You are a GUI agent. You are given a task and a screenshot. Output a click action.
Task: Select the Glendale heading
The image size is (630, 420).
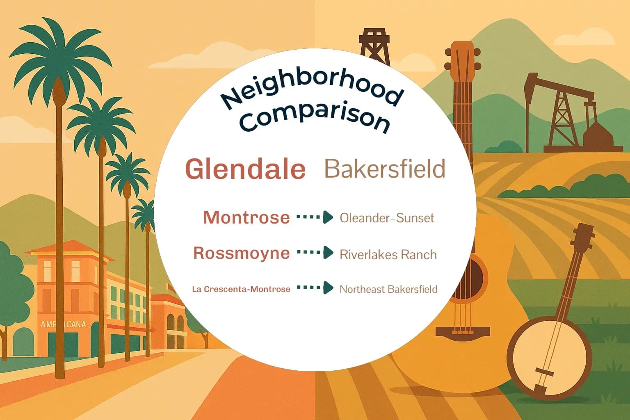tap(245, 169)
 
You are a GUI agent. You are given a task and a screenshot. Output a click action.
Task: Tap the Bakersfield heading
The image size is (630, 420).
tap(384, 169)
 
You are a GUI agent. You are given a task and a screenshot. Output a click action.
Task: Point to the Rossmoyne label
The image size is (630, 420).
tap(241, 253)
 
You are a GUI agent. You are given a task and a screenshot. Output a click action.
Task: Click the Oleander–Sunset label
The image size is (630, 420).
tap(386, 218)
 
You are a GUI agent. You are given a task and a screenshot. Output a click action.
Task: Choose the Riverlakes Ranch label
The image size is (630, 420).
tap(388, 255)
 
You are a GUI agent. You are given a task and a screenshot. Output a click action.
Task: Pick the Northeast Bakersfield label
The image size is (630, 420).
tap(388, 289)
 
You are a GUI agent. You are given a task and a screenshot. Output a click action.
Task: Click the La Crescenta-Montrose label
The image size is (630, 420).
tap(241, 289)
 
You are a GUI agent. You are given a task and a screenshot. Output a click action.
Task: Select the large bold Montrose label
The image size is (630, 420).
tap(246, 217)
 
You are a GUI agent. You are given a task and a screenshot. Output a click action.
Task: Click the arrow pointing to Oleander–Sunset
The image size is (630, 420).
tap(315, 217)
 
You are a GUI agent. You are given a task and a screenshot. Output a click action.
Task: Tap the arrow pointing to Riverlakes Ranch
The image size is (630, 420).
tap(315, 253)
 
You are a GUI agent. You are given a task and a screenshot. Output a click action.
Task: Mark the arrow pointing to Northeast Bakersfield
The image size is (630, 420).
tap(315, 288)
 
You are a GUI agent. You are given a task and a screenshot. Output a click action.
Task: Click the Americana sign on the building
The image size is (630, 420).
tap(63, 324)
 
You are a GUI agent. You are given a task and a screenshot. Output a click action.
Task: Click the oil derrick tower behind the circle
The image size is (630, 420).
tap(374, 45)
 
